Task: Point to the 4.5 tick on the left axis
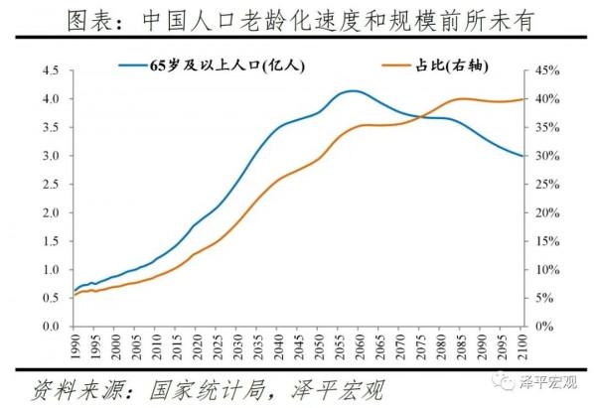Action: click(52, 70)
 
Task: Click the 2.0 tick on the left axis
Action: click(52, 212)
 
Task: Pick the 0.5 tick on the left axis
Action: click(52, 298)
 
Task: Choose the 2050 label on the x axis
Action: click(318, 346)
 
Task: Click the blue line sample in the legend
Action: click(135, 66)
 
